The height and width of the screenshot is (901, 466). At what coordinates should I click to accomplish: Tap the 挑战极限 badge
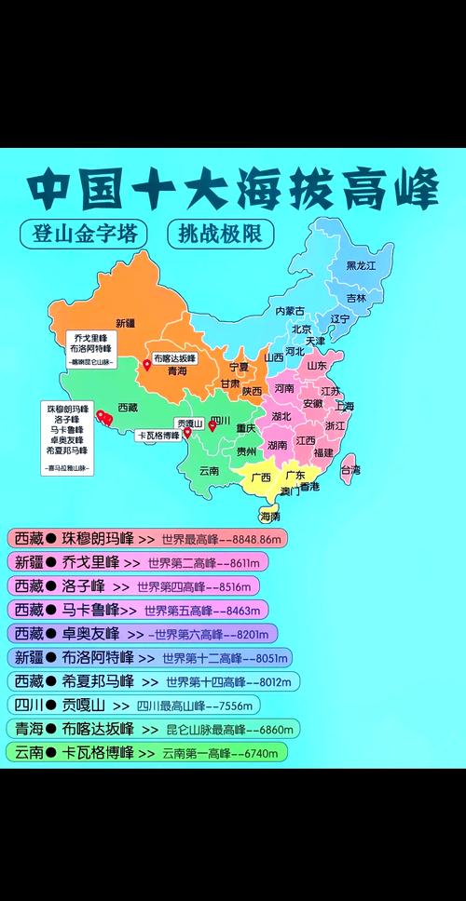[220, 233]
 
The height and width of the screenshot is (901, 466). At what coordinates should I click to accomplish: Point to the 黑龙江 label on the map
[361, 265]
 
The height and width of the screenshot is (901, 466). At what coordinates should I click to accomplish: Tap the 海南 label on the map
[269, 515]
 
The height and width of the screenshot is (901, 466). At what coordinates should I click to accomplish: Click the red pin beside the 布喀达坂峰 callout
[146, 366]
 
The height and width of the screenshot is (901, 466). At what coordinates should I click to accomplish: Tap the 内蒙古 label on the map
[291, 310]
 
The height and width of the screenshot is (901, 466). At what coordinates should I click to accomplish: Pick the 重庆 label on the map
[245, 429]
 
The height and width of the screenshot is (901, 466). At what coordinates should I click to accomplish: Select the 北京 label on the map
[301, 329]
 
